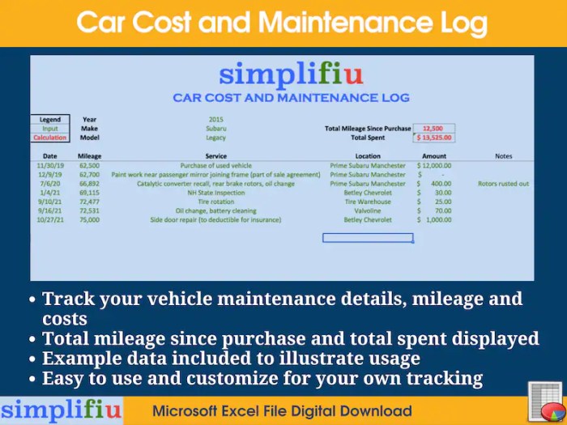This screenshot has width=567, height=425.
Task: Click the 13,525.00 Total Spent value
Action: coord(434,138)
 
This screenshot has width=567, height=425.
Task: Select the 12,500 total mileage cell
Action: coord(434,129)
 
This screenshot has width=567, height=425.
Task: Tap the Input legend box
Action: coord(50,129)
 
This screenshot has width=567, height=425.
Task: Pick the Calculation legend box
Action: coord(50,138)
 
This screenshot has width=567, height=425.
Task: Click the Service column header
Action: coord(216,156)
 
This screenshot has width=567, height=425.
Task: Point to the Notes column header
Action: coord(503,156)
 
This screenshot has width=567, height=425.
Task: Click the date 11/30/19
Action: coord(50,165)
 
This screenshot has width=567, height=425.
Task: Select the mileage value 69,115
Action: coord(89,193)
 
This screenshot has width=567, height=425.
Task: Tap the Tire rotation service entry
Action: coord(216,202)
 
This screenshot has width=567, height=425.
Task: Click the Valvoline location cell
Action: coord(368,210)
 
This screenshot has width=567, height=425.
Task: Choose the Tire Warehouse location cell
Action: coord(368,202)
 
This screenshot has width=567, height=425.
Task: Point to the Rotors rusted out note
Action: coord(503,184)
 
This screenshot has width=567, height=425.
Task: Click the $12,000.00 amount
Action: coord(435,165)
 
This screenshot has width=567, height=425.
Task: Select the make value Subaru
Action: coord(216,129)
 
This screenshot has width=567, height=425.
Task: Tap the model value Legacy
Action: coord(216,138)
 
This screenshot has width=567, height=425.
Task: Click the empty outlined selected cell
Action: coord(368,238)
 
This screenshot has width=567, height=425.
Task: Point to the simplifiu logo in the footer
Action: coord(61,410)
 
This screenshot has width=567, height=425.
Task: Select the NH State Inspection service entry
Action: coord(216,193)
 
